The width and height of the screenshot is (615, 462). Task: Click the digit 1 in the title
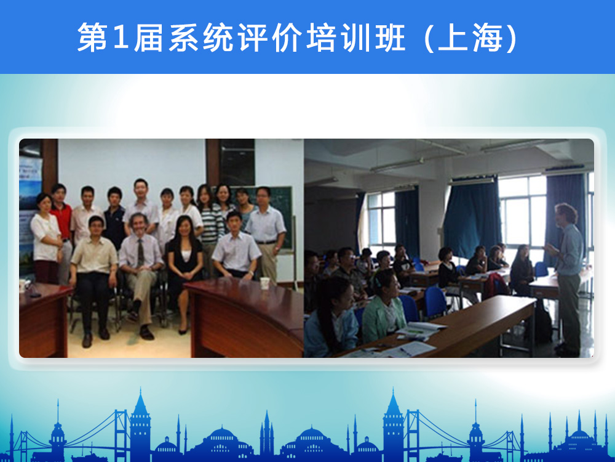tap(121, 38)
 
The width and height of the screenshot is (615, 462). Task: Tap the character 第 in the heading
tap(92, 38)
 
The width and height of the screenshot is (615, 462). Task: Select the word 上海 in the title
tap(470, 38)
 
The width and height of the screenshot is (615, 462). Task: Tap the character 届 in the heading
tap(148, 38)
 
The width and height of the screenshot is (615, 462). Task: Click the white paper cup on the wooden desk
tap(265, 283)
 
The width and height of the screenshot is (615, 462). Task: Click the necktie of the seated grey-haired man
tap(140, 253)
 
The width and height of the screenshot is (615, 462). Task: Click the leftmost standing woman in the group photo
tap(46, 238)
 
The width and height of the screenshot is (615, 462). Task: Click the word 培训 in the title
tap(338, 38)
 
